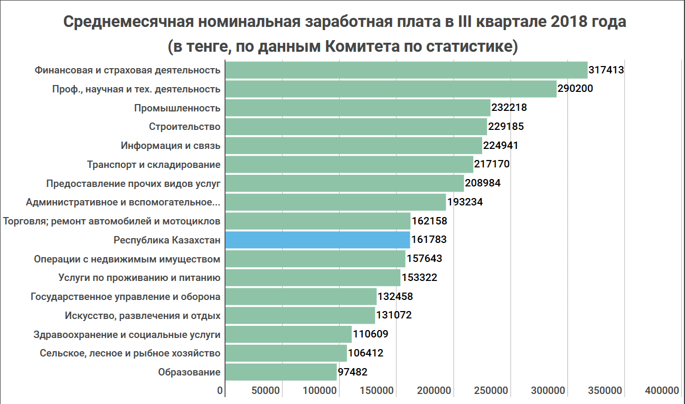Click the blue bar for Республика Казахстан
point(317,240)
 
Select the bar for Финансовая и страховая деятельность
point(406,70)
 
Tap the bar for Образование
point(281,372)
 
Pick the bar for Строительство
point(356,127)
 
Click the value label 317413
point(606,70)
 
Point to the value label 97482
point(352,372)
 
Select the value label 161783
point(429,240)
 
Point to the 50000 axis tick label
point(265,391)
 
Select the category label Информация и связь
point(170,146)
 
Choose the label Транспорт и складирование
point(154,165)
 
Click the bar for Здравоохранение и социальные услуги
point(288,334)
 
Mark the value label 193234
point(465,202)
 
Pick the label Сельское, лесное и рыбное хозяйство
point(130,353)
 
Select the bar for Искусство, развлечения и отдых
point(300,315)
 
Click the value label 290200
point(575,89)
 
